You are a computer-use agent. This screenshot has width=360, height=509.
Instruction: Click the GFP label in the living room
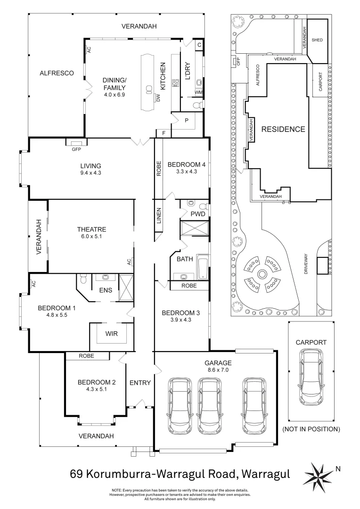76,149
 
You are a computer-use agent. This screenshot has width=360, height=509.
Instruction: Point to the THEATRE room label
91,230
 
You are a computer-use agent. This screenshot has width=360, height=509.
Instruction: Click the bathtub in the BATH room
202,267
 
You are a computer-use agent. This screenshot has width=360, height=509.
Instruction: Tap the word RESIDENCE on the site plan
284,129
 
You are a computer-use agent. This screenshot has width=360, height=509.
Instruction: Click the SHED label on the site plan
317,40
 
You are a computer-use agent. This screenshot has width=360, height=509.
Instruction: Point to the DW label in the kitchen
158,98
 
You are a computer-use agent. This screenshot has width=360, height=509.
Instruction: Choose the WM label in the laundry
198,92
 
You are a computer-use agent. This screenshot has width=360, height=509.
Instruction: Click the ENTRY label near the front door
140,383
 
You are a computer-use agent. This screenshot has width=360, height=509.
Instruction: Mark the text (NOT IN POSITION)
311,429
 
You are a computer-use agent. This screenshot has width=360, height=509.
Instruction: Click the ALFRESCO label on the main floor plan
56,73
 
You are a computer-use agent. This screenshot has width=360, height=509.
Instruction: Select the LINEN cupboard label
159,215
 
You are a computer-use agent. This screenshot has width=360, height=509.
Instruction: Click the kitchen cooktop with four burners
175,83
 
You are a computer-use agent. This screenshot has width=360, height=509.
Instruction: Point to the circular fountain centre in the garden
262,274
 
